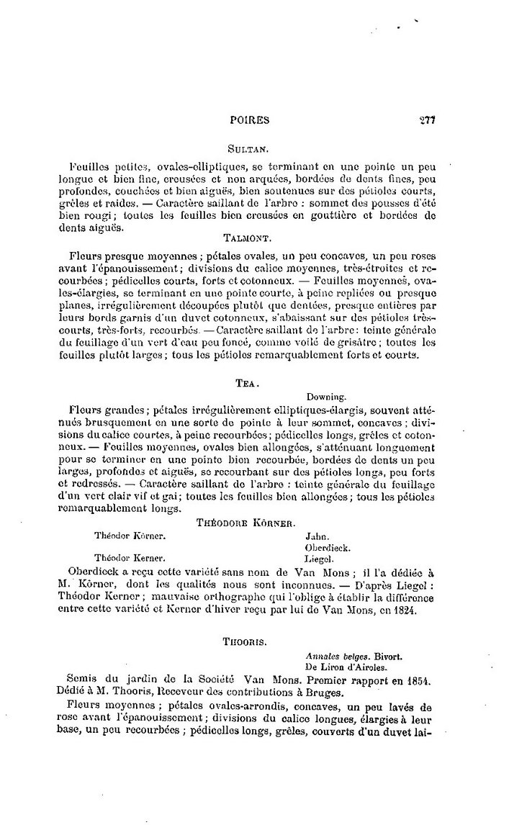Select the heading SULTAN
tap(248, 150)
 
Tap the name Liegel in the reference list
tap(321, 558)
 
